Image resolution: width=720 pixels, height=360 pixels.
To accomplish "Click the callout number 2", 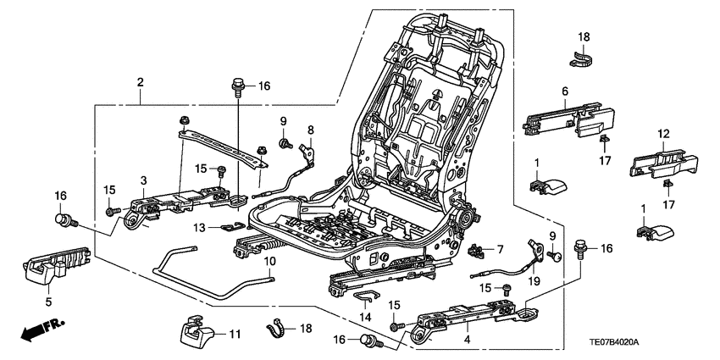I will point(140,82).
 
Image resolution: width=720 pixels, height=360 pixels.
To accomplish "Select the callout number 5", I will point(49,300).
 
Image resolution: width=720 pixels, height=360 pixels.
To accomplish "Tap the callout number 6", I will point(563,91).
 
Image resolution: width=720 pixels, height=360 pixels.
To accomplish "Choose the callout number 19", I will point(534,280).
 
